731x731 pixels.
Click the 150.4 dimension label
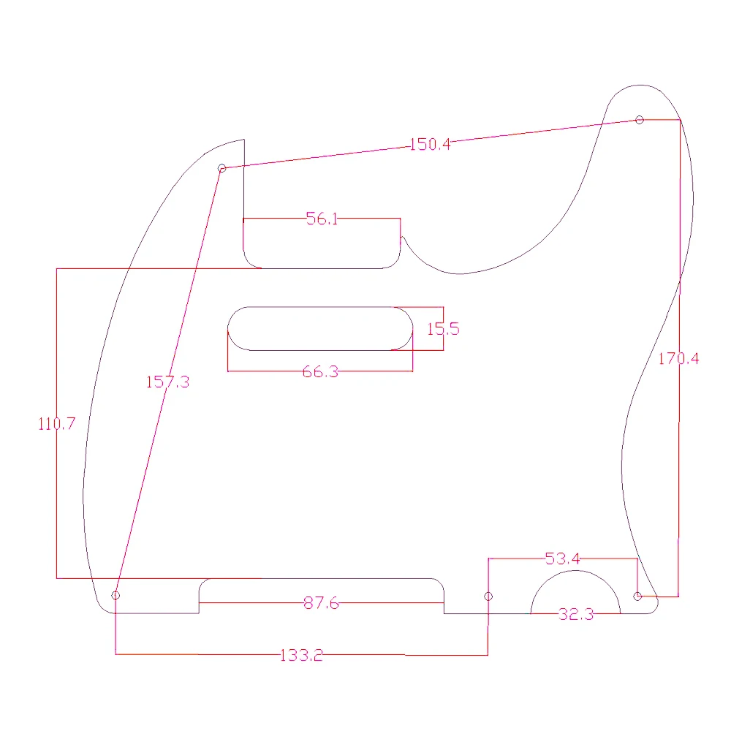pyautogui.click(x=430, y=144)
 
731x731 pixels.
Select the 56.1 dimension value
pyautogui.click(x=322, y=219)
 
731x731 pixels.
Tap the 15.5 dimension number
pyautogui.click(x=443, y=329)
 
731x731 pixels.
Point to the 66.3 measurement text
pyautogui.click(x=320, y=371)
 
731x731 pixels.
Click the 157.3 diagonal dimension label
pyautogui.click(x=167, y=381)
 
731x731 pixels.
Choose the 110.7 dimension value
pyautogui.click(x=56, y=423)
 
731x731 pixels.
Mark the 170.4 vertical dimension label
pyautogui.click(x=678, y=358)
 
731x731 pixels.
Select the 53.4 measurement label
pyautogui.click(x=563, y=559)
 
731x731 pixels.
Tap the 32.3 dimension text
pyautogui.click(x=576, y=614)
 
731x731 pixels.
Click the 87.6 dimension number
pyautogui.click(x=322, y=603)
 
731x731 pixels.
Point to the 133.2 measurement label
pyautogui.click(x=301, y=655)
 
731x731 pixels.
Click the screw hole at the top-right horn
pyautogui.click(x=640, y=120)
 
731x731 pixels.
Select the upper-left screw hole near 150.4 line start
pyautogui.click(x=222, y=168)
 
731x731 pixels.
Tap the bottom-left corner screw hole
pyautogui.click(x=115, y=595)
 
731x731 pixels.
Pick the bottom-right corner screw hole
pyautogui.click(x=637, y=596)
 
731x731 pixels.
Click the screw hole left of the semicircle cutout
pyautogui.click(x=488, y=596)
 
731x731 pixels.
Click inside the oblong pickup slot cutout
pyautogui.click(x=320, y=328)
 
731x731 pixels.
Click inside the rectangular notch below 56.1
pyautogui.click(x=322, y=245)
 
